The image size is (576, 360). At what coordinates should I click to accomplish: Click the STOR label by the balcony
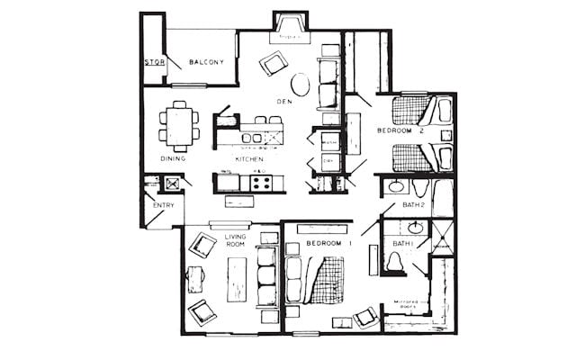point(154,63)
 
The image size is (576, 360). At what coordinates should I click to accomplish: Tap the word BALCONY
point(206,62)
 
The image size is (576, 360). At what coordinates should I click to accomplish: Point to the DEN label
point(283,102)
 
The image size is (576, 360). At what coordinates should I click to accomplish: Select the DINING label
point(173,158)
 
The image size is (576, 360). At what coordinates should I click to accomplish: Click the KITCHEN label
point(248,158)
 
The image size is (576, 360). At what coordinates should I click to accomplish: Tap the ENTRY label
point(163,206)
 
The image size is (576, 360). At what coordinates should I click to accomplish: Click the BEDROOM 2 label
point(400,131)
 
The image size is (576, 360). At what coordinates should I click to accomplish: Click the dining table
point(180,124)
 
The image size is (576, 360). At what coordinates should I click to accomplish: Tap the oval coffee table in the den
point(301,85)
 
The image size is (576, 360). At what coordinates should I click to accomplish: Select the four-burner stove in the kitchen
point(261,183)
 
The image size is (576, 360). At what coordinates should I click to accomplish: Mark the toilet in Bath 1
point(393,262)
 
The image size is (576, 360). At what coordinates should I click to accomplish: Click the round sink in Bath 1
point(415,228)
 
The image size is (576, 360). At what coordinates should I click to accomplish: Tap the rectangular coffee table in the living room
point(237,279)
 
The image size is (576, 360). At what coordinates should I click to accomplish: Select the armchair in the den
point(273,63)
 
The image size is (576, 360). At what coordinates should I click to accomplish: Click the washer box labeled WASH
point(328,142)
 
